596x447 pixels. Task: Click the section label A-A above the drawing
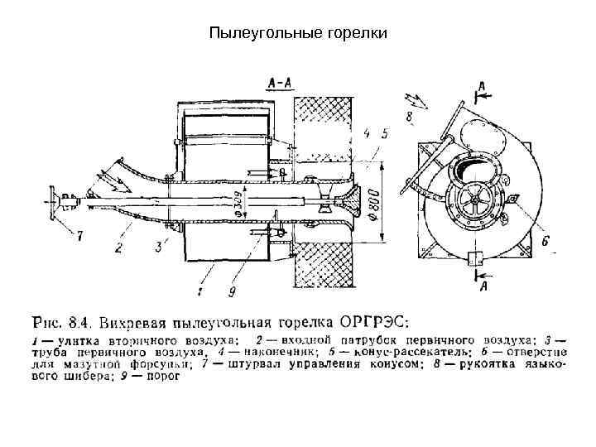(x=278, y=83)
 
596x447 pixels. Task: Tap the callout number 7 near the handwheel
(x=79, y=237)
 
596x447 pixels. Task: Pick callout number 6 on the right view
(x=546, y=241)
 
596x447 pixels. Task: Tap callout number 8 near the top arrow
(x=411, y=118)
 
